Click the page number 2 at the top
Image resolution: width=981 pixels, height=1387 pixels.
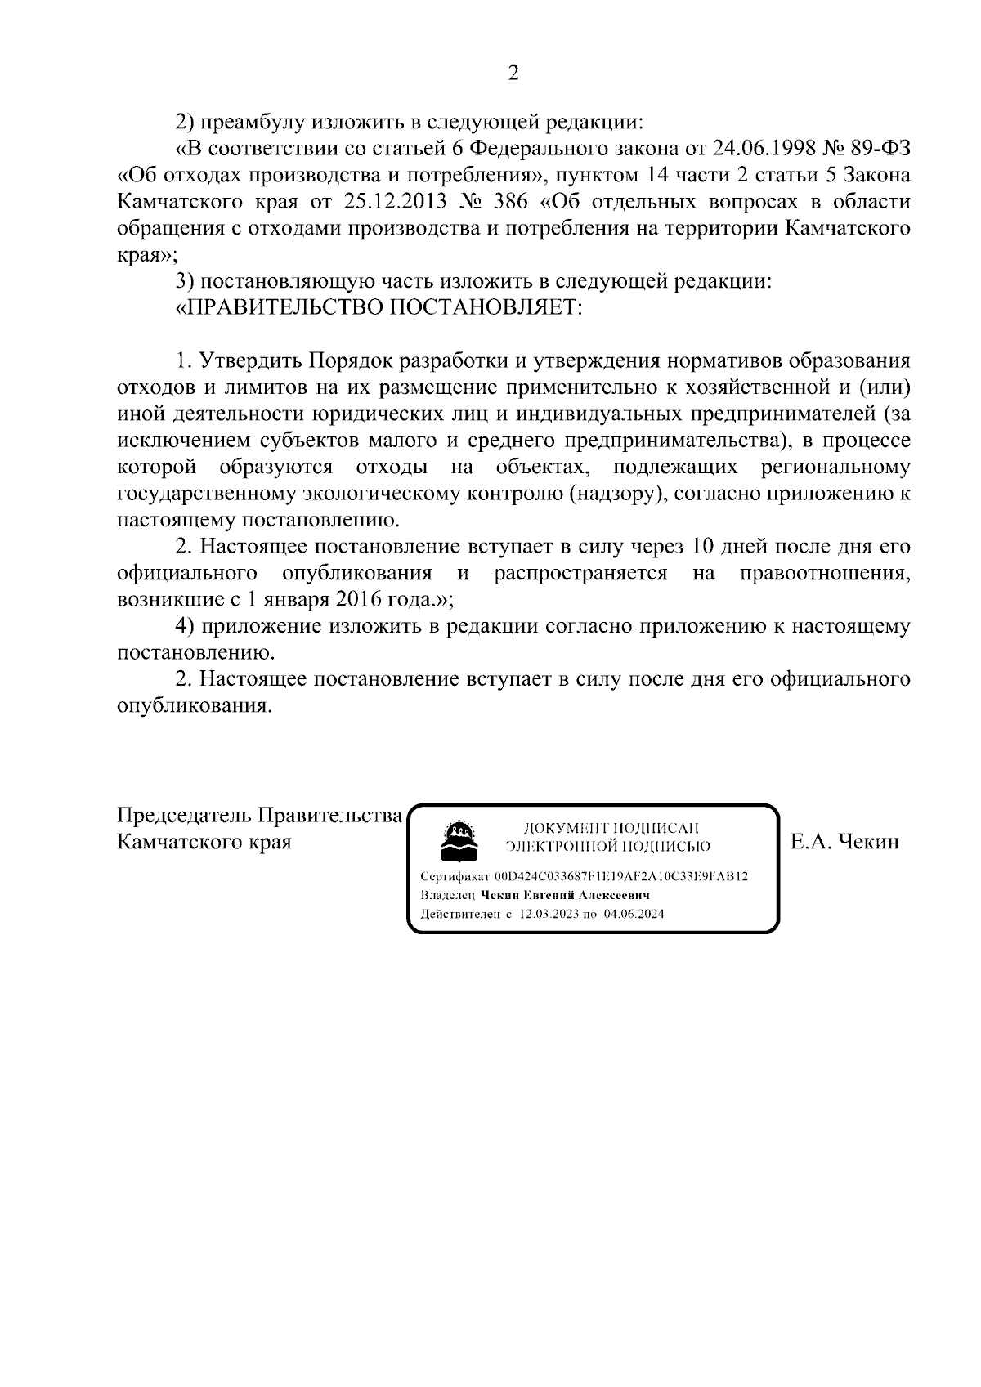tap(513, 74)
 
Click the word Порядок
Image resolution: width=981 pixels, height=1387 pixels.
tap(349, 361)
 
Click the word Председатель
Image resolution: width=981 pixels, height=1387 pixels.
tap(186, 816)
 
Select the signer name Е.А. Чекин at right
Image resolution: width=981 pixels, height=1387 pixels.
tap(845, 842)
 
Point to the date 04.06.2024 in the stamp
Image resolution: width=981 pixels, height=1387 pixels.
tap(634, 915)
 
